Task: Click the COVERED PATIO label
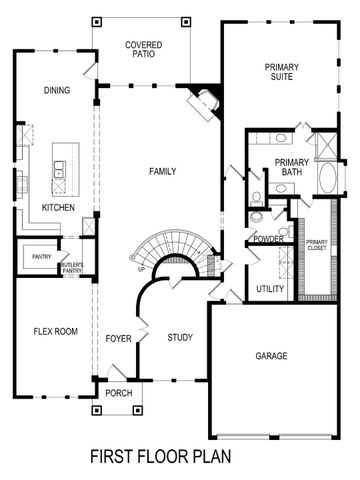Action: coord(144,50)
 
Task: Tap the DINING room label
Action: coord(57,91)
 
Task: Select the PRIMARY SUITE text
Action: coord(281,72)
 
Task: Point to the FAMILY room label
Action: coord(162,171)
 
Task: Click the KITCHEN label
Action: coord(58,207)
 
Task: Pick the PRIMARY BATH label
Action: coord(291,167)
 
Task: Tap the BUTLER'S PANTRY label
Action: coord(73,268)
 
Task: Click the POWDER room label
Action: coord(268,239)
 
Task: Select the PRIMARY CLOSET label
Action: coord(317,245)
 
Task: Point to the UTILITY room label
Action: coord(270,289)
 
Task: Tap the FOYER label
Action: coord(119,338)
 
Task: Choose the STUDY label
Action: coord(180,337)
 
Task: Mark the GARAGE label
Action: coord(271,356)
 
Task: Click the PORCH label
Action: coord(119,393)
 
